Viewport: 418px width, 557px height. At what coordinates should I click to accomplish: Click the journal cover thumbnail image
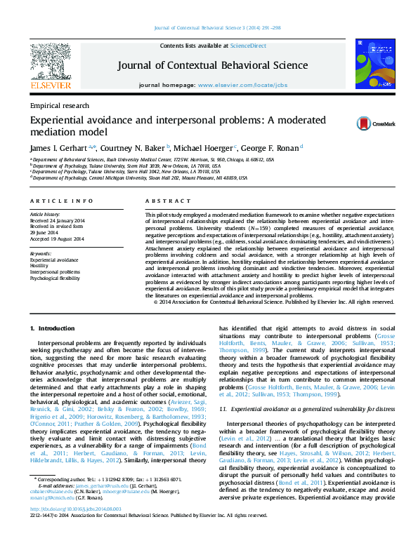(371, 66)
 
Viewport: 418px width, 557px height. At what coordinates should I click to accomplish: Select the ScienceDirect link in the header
(243, 46)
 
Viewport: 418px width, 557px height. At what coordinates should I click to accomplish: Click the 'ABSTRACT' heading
(162, 201)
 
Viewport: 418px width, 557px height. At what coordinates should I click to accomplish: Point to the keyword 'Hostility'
(40, 266)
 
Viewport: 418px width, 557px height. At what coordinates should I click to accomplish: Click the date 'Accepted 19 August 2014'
(57, 239)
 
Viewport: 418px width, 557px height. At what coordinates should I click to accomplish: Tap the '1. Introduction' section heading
(51, 329)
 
